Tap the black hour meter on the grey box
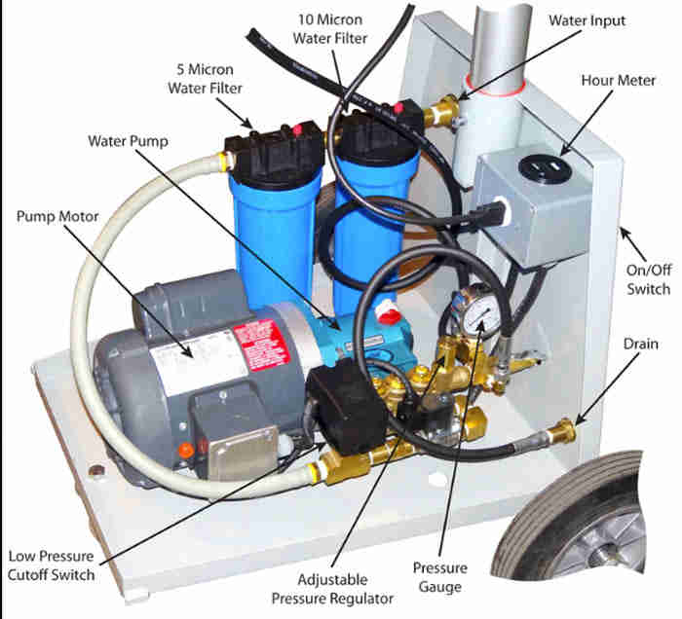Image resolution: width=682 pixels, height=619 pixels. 538,167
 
